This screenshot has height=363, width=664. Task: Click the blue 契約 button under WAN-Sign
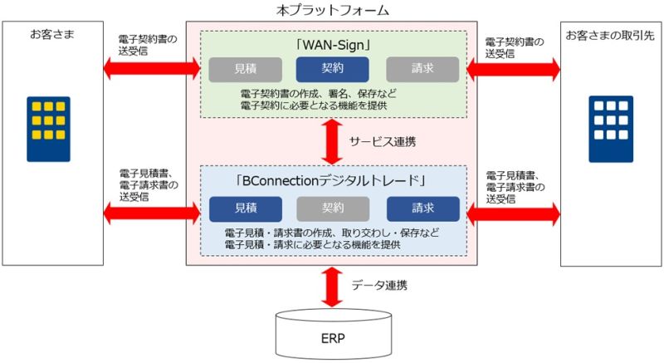pyautogui.click(x=333, y=69)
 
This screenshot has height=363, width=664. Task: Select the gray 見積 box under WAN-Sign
pyautogui.click(x=245, y=70)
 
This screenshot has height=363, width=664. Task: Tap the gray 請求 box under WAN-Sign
pyautogui.click(x=422, y=69)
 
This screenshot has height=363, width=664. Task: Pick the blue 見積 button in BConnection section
pyautogui.click(x=246, y=208)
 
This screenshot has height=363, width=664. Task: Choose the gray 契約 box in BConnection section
pyautogui.click(x=333, y=208)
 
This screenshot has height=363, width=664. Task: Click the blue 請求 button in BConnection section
pyautogui.click(x=423, y=208)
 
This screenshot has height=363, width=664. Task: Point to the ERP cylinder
pyautogui.click(x=334, y=334)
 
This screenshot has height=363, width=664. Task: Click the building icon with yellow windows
pyautogui.click(x=49, y=130)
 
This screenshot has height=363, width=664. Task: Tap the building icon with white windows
pyautogui.click(x=611, y=130)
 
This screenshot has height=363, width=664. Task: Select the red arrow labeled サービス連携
pyautogui.click(x=332, y=141)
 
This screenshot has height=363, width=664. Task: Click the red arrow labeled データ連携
pyautogui.click(x=332, y=287)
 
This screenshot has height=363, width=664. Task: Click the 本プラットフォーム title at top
pyautogui.click(x=333, y=10)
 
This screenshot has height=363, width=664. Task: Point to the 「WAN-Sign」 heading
pyautogui.click(x=334, y=45)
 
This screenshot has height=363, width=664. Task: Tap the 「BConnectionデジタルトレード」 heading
pyautogui.click(x=330, y=181)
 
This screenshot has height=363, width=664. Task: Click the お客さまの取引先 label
pyautogui.click(x=610, y=36)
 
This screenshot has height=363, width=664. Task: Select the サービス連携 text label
pyautogui.click(x=383, y=142)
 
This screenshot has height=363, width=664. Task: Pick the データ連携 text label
pyautogui.click(x=379, y=285)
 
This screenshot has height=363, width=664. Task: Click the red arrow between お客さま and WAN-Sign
pyautogui.click(x=152, y=68)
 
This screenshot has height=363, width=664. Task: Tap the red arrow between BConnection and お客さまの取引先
pyautogui.click(x=513, y=214)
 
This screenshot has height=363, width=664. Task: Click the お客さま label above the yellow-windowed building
pyautogui.click(x=52, y=34)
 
